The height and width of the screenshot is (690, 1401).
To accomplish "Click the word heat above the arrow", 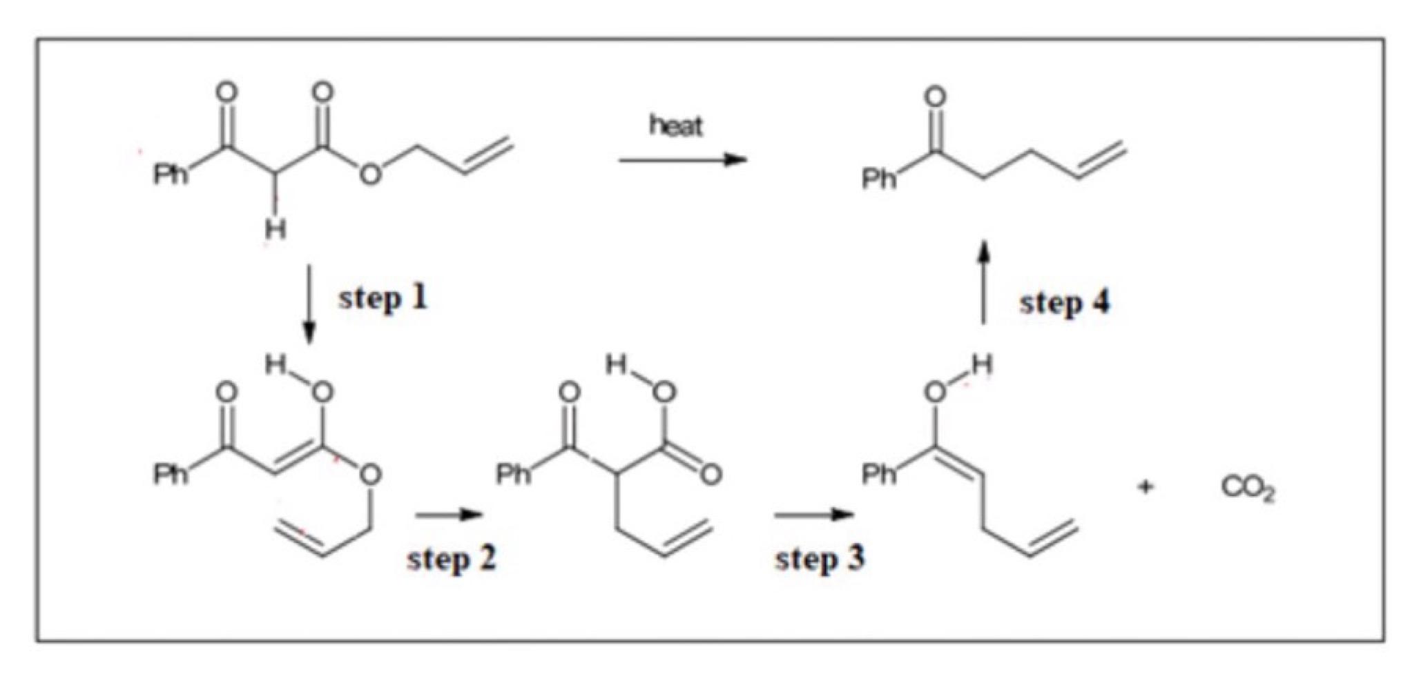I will pyautogui.click(x=675, y=126).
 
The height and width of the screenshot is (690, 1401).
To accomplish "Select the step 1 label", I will pyautogui.click(x=383, y=298).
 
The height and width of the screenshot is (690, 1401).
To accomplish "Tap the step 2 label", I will pyautogui.click(x=451, y=558).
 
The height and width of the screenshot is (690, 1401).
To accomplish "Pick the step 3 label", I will pyautogui.click(x=819, y=558).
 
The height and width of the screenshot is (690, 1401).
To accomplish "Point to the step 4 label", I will pyautogui.click(x=1064, y=302).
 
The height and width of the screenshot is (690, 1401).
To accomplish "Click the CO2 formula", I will pyautogui.click(x=1248, y=489).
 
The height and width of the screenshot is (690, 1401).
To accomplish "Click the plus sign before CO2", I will pyautogui.click(x=1146, y=487).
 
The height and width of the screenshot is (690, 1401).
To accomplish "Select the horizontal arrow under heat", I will pyautogui.click(x=682, y=160).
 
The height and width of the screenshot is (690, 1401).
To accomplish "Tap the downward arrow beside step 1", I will pyautogui.click(x=309, y=304).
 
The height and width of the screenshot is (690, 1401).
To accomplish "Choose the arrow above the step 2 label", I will pyautogui.click(x=448, y=515).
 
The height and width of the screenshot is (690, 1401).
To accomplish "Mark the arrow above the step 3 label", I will pyautogui.click(x=813, y=515).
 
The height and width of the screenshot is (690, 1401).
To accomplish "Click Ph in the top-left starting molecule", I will pyautogui.click(x=170, y=174).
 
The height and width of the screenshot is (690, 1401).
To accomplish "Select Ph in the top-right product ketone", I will pyautogui.click(x=878, y=179).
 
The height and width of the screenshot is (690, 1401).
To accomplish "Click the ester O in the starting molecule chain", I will pyautogui.click(x=370, y=173).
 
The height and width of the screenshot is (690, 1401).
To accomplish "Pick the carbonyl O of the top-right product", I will pyautogui.click(x=935, y=97).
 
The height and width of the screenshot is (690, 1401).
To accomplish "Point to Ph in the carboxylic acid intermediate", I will pyautogui.click(x=514, y=474).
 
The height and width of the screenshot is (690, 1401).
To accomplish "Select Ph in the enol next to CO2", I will pyautogui.click(x=878, y=474).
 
